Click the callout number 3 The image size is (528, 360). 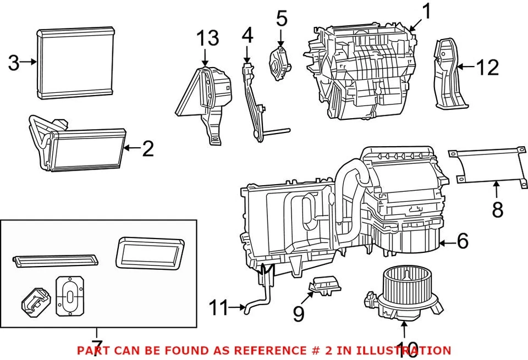tap(13, 63)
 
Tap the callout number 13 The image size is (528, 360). tap(208, 38)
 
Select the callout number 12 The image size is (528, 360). tap(487, 68)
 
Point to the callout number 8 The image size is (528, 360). tap(497, 209)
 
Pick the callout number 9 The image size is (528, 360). tap(298, 314)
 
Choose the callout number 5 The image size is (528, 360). tap(281, 19)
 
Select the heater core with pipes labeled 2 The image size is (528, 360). tap(82, 148)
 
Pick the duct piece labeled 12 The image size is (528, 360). tap(450, 74)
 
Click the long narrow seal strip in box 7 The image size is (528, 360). tap(55, 259)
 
